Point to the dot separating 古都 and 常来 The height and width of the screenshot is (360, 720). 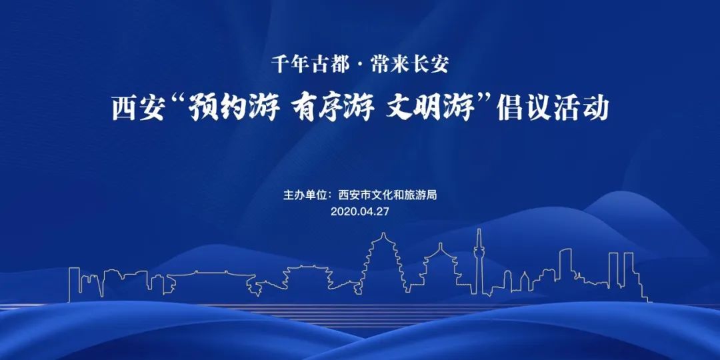coord(359,65)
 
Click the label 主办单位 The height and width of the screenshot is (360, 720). coord(304,195)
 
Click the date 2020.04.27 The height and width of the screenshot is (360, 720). coord(359,212)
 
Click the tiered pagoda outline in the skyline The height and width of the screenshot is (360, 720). coord(383,263)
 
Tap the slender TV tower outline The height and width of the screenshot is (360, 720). coord(479,262)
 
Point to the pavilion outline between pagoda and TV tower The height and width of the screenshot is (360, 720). coord(441,269)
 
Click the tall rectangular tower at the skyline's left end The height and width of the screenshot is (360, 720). coord(74,285)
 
